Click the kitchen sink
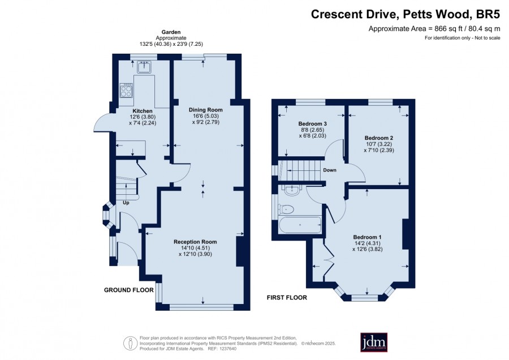pyautogui.click(x=144, y=67)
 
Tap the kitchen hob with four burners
pyautogui.click(x=126, y=91)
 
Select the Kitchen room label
pyautogui.click(x=143, y=111)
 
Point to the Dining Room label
pyautogui.click(x=206, y=110)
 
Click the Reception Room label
pyautogui.click(x=195, y=242)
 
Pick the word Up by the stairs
pyautogui.click(x=126, y=203)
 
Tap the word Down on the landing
pyautogui.click(x=330, y=170)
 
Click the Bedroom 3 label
pyautogui.click(x=312, y=124)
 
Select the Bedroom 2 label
pyautogui.click(x=379, y=138)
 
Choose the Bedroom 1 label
pyautogui.click(x=368, y=237)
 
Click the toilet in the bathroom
pyautogui.click(x=286, y=209)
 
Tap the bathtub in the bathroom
pyautogui.click(x=300, y=225)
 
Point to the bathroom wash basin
pyautogui.click(x=293, y=190)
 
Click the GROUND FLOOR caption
pyautogui.click(x=129, y=290)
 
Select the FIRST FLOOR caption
pyautogui.click(x=287, y=298)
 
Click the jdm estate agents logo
pyautogui.click(x=374, y=342)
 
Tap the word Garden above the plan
pyautogui.click(x=171, y=32)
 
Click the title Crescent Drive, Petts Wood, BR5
pyautogui.click(x=406, y=14)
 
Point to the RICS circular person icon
pyautogui.click(x=130, y=343)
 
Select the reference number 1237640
pyautogui.click(x=227, y=349)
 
